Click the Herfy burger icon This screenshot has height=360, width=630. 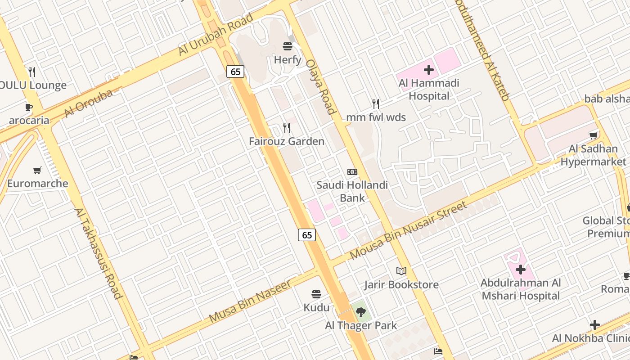coord(288,46)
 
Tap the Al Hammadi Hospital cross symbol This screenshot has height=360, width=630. coord(428,70)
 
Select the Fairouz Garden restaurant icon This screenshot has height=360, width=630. coord(287,128)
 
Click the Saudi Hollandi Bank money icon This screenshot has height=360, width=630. coord(352,172)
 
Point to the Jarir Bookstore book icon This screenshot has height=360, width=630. coord(401,271)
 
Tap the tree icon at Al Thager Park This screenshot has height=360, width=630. coord(360,312)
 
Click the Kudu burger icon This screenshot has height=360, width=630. coord(316,295)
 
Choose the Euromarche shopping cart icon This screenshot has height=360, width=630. coord(37,170)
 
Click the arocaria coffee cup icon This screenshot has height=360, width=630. coord(29,107)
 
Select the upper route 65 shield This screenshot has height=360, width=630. coord(235,72)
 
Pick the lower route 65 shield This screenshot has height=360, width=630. coord(307,234)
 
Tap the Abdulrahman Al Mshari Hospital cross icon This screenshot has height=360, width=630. coord(521,270)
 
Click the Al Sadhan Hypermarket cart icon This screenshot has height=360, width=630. coord(594,135)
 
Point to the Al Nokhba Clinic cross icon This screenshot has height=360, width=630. coord(595,325)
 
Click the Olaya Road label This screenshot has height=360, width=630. coord(320,87)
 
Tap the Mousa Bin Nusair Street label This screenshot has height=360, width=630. coord(408,230)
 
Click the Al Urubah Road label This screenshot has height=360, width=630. coord(216,35)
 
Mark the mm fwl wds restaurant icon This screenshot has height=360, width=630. coord(376,104)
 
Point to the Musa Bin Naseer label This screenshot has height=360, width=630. coord(250,301)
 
